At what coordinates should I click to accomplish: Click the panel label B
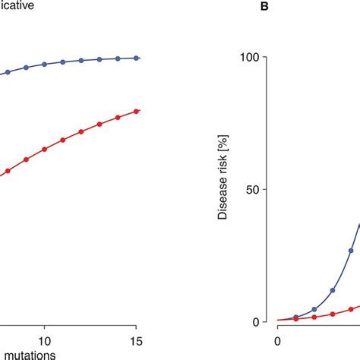[265, 7]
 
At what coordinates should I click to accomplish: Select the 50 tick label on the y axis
[247, 189]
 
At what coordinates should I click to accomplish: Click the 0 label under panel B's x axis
[277, 341]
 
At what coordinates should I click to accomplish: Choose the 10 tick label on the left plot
[44, 341]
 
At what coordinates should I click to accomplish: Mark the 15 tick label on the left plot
[136, 341]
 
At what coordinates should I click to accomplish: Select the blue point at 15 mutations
[137, 58]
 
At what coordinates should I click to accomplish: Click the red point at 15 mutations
[137, 111]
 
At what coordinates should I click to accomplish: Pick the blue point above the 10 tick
[44, 65]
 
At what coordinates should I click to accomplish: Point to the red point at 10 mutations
[44, 150]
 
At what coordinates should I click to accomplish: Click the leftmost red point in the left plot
[8, 171]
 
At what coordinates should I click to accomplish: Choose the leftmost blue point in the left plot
[8, 73]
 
